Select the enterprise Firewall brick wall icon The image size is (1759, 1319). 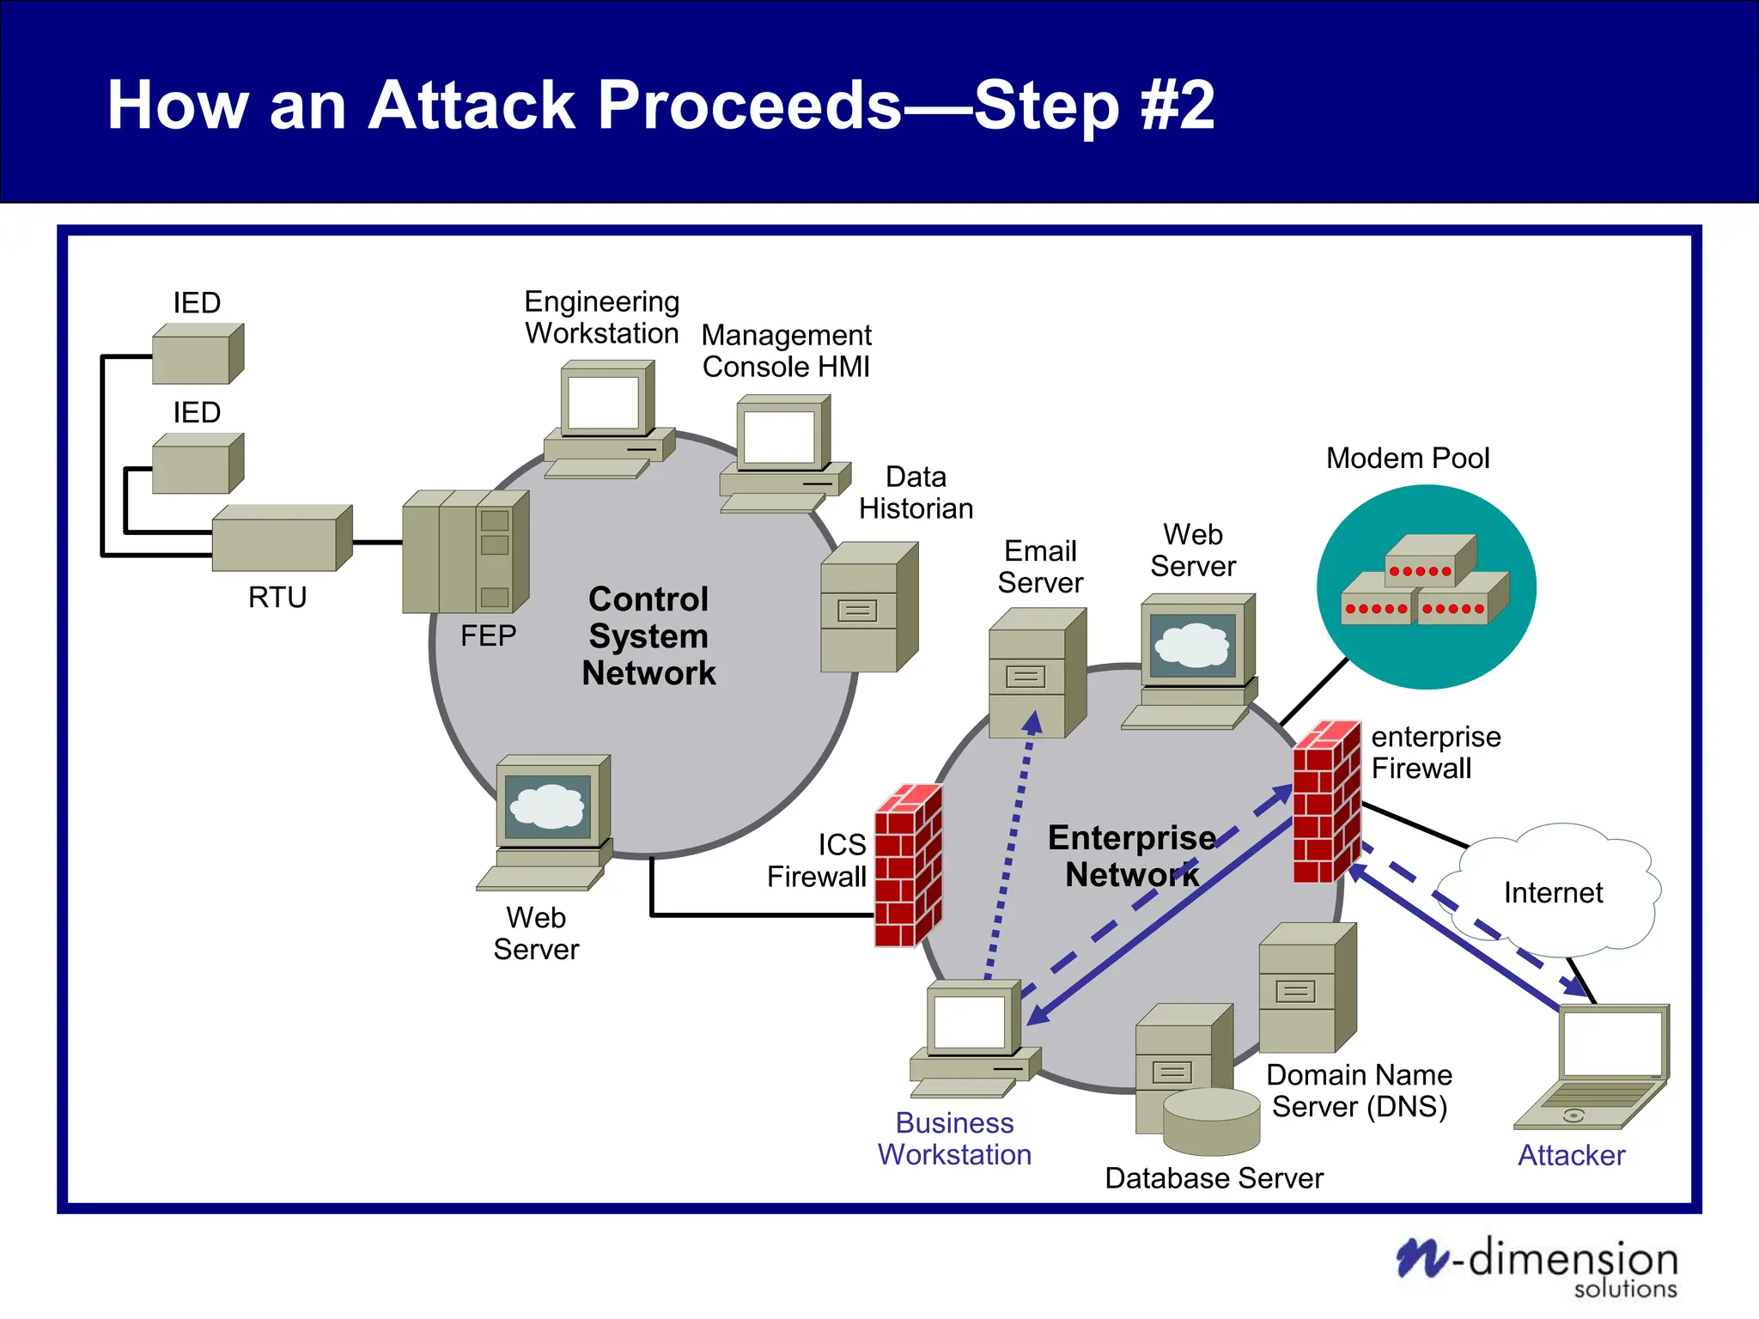click(x=1326, y=802)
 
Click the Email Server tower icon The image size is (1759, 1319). click(x=1036, y=673)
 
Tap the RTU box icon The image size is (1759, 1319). click(x=281, y=539)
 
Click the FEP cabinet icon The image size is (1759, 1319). click(x=465, y=552)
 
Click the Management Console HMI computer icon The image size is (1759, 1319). click(x=783, y=453)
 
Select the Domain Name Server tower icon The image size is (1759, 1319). click(x=1306, y=988)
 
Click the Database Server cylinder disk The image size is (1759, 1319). click(x=1211, y=1121)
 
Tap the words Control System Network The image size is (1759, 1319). click(x=648, y=636)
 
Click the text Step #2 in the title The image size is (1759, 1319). click(x=1094, y=105)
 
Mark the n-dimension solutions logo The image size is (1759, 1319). click(x=1537, y=1266)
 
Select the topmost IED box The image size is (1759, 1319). click(x=198, y=354)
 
